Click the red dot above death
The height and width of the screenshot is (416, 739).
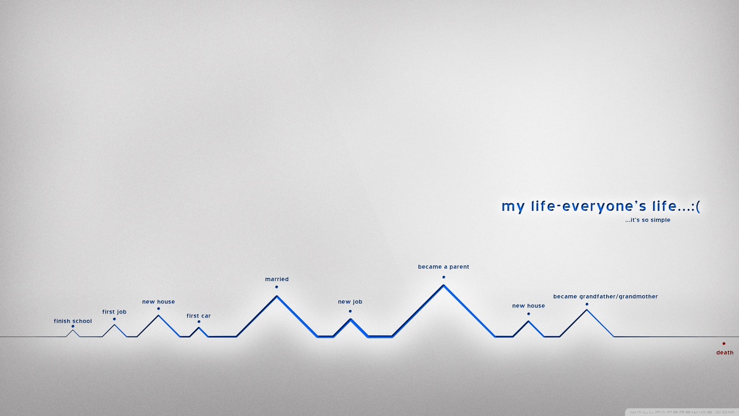click(x=724, y=344)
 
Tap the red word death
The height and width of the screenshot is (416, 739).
click(x=725, y=353)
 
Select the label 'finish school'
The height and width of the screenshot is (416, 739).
click(x=73, y=321)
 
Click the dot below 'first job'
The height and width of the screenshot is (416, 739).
click(x=114, y=319)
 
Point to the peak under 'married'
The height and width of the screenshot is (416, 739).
click(x=277, y=296)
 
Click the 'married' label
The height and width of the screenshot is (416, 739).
click(x=277, y=279)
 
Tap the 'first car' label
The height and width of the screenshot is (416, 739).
click(x=198, y=316)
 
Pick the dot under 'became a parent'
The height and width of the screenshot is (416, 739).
click(x=444, y=277)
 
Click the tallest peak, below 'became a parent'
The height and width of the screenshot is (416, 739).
click(x=444, y=285)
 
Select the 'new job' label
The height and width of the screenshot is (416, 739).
click(x=350, y=302)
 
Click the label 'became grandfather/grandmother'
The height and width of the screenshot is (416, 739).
click(x=605, y=296)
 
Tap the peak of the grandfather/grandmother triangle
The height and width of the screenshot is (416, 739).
click(x=587, y=311)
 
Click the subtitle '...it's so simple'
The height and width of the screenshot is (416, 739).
click(x=648, y=220)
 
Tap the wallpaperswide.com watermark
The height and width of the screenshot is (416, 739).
click(x=682, y=412)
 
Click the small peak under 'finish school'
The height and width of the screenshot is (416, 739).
click(x=73, y=330)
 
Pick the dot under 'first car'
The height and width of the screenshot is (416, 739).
click(x=199, y=322)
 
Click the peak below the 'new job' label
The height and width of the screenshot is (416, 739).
click(x=350, y=319)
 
